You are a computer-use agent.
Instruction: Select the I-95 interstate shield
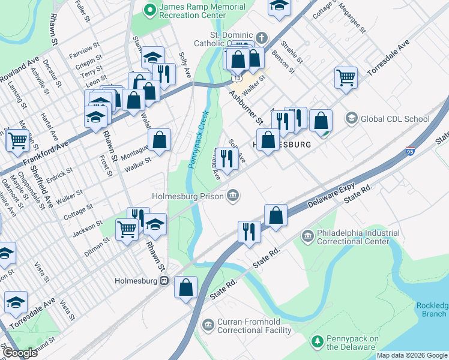[x=410, y=151]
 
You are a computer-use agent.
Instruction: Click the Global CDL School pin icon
[x=351, y=119]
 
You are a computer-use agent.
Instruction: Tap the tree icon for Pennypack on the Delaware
[x=318, y=341]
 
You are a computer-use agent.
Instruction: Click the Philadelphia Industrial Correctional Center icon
[x=307, y=235]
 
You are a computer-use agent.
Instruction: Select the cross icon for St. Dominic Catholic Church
[x=260, y=38]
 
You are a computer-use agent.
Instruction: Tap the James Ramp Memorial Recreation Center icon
[x=149, y=10]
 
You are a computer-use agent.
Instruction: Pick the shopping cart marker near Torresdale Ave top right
[x=346, y=77]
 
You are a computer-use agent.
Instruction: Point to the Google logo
[x=20, y=352]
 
